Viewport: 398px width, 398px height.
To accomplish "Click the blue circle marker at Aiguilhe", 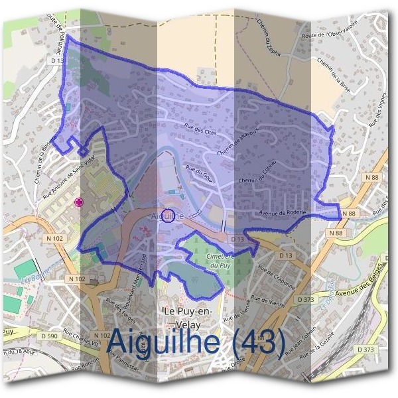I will click(168, 215).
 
